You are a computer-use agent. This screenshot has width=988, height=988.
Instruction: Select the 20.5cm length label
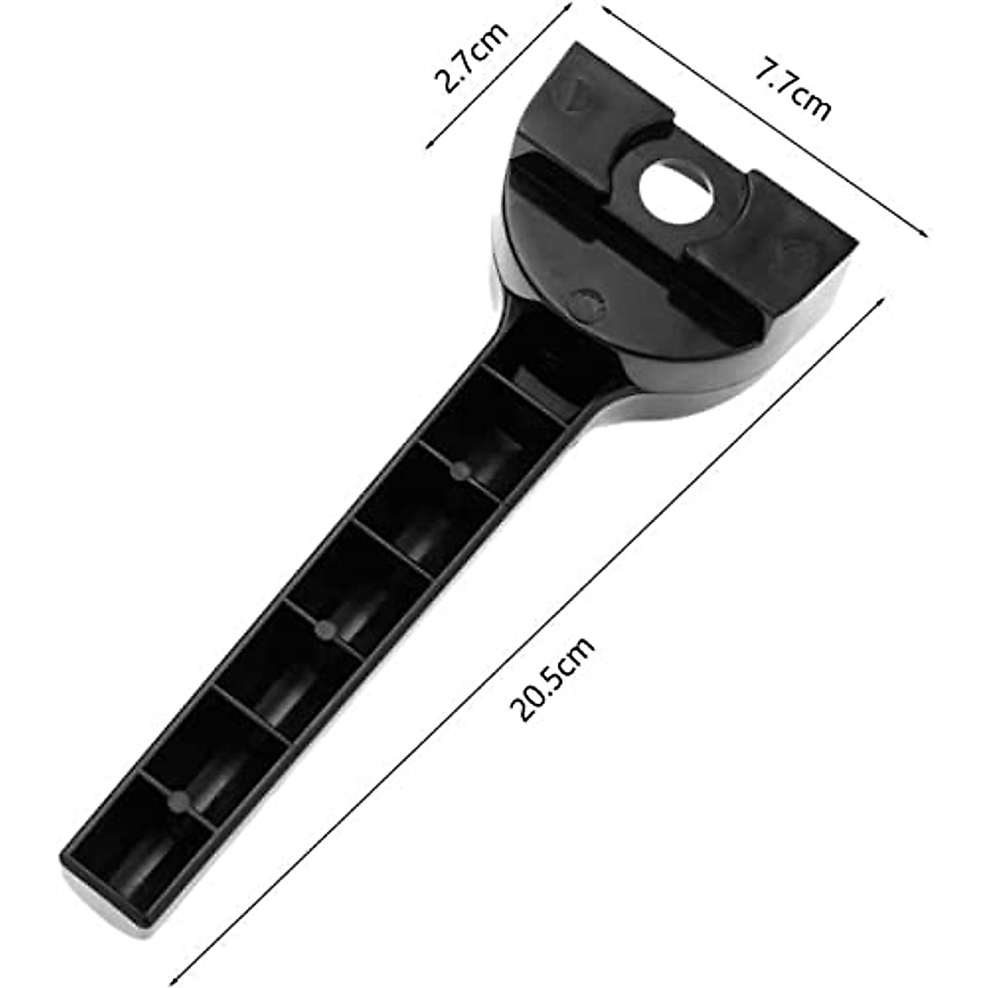point(552,680)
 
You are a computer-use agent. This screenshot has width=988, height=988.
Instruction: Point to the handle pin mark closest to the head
point(459,470)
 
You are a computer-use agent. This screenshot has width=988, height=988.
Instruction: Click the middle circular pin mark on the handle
point(327,630)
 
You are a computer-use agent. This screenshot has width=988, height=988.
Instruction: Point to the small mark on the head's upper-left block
point(576,92)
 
